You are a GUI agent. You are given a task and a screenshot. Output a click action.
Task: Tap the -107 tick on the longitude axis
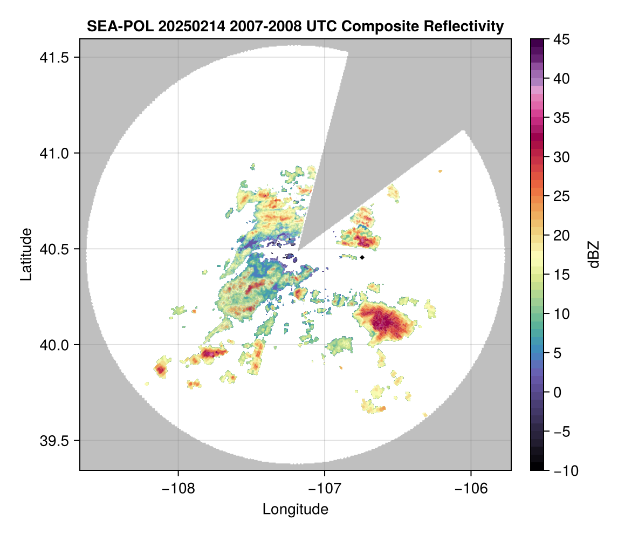(x=325, y=489)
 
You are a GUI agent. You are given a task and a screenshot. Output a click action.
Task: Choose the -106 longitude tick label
(x=471, y=489)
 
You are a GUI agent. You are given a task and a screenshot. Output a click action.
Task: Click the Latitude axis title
(x=26, y=254)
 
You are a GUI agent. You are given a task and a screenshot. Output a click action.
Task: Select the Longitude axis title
(x=296, y=509)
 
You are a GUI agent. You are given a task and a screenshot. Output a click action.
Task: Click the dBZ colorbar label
(x=594, y=255)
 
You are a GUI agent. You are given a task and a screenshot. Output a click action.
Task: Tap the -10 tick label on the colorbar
(x=564, y=471)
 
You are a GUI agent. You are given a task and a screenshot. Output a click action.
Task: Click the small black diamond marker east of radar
(x=362, y=257)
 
